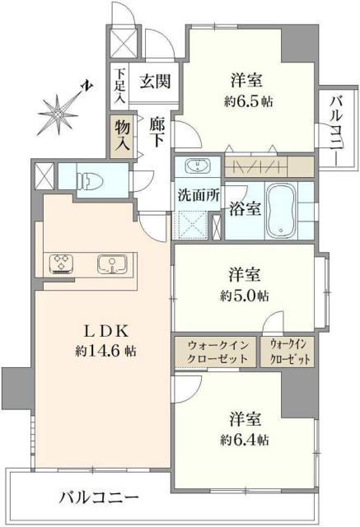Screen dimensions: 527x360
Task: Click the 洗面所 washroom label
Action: pyautogui.click(x=196, y=196)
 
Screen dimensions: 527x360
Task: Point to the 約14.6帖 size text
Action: pyautogui.click(x=102, y=352)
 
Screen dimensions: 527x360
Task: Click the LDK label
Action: pyautogui.click(x=102, y=332)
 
